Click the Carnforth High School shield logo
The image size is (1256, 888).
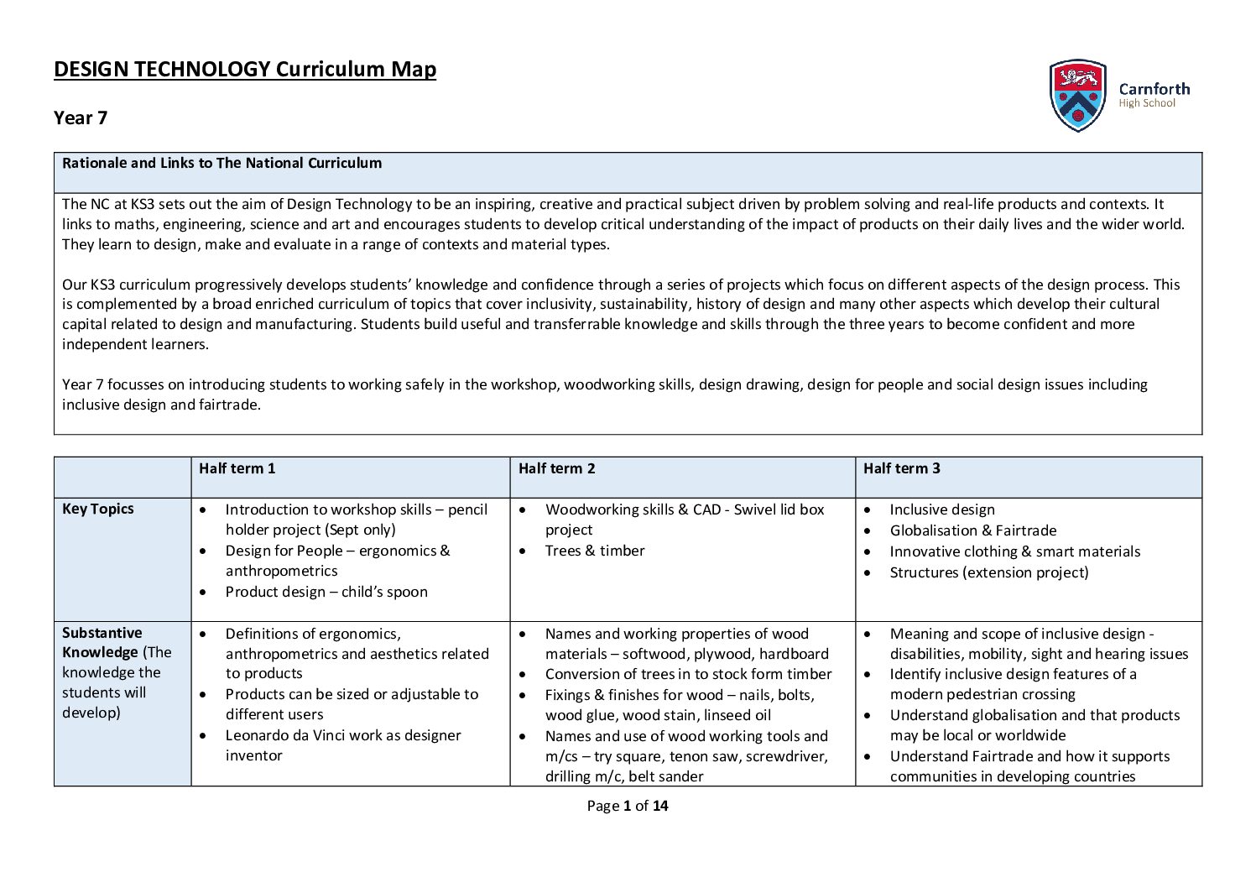1077,95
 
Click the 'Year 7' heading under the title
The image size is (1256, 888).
81,118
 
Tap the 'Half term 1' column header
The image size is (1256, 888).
237,468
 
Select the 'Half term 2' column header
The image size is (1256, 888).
556,468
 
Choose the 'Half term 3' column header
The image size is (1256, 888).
901,468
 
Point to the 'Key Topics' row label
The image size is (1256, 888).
97,509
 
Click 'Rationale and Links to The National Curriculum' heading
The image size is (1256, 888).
221,163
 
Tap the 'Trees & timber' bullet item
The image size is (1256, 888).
595,551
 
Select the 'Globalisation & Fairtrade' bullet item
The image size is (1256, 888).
972,530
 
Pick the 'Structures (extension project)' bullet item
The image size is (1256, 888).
988,572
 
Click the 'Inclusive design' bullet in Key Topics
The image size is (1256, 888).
941,509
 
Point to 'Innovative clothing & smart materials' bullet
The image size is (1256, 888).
1014,551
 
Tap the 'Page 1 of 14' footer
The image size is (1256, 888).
628,806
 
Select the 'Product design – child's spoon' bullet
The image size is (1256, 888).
326,592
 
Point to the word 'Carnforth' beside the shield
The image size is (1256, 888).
1154,89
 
